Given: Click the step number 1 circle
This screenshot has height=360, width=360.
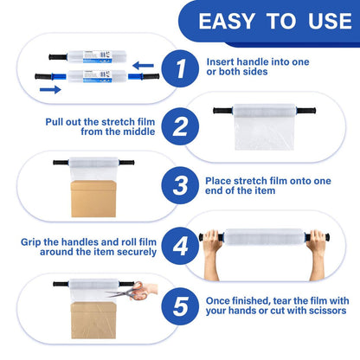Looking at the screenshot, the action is click(180, 68).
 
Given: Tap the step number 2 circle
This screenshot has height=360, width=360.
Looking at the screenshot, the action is click(180, 126).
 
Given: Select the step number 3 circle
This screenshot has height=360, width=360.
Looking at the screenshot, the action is click(180, 185).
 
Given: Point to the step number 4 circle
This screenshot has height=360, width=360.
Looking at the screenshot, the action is click(180, 246).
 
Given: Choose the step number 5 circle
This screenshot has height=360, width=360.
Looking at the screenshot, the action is click(180, 306).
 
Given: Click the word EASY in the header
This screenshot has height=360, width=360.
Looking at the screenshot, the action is click(227, 21).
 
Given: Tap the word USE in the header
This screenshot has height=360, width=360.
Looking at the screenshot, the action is click(330, 21).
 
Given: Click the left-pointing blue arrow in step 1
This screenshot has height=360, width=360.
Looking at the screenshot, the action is click(143, 66).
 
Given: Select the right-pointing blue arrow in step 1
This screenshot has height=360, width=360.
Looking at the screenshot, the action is click(50, 90).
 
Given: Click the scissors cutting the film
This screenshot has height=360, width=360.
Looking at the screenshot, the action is click(128, 292).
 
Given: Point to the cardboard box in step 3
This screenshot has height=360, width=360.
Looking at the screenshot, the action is click(93, 199).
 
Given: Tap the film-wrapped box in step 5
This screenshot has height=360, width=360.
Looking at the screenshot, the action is click(93, 320).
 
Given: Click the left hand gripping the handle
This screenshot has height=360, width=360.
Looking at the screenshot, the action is click(212, 254).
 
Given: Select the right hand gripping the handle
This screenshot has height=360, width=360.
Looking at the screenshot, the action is click(317, 254).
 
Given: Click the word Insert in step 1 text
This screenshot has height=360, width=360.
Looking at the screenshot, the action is click(220, 61).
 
